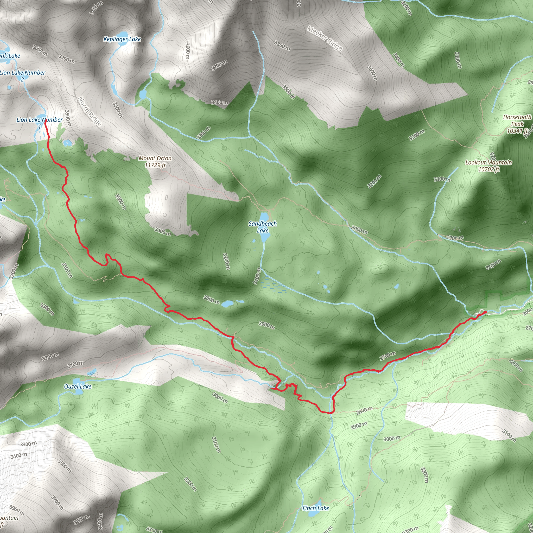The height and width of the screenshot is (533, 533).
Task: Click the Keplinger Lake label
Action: [122, 39]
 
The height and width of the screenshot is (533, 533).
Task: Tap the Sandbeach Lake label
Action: [262, 227]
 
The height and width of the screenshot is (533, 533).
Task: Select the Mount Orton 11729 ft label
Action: [155, 162]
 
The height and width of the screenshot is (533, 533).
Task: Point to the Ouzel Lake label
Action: [78, 386]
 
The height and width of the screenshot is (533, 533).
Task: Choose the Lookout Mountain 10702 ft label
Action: [488, 166]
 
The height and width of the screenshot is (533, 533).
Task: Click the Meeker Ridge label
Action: [325, 38]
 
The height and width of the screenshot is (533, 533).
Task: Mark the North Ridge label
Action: [90, 111]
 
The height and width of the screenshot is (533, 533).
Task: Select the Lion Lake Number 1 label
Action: [39, 123]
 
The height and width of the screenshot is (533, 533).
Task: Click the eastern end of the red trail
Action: [485, 312]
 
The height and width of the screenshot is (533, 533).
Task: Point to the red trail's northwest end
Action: [45, 120]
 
